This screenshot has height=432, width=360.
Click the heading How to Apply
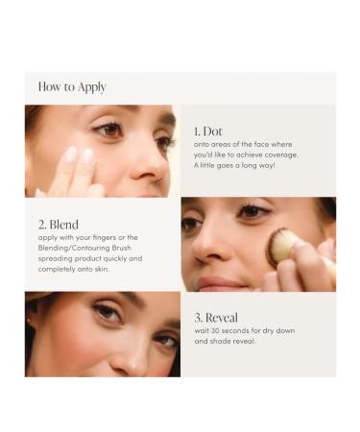click(70, 86)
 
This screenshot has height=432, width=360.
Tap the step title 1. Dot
click(209, 131)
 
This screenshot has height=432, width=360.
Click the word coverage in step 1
click(277, 155)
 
